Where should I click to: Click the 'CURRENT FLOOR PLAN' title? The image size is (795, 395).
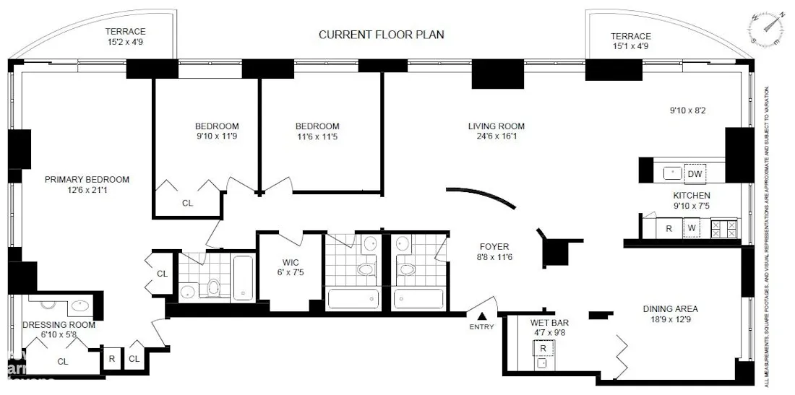(x=382, y=35)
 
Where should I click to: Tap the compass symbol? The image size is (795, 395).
(x=766, y=28)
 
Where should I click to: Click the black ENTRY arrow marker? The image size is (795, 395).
(x=483, y=315)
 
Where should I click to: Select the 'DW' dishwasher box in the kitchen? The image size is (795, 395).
(x=694, y=174)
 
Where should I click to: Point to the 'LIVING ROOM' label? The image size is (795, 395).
(x=497, y=126)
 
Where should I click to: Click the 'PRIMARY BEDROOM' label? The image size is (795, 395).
(x=87, y=180)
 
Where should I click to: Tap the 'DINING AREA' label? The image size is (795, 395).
(x=670, y=309)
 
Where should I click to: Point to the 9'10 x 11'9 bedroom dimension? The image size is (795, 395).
(x=217, y=136)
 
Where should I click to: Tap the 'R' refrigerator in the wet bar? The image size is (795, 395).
(x=543, y=348)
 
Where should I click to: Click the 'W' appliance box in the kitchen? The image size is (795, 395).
(x=692, y=229)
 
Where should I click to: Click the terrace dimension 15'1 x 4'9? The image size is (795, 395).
(x=630, y=46)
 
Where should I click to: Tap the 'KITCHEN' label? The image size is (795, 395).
(x=692, y=196)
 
